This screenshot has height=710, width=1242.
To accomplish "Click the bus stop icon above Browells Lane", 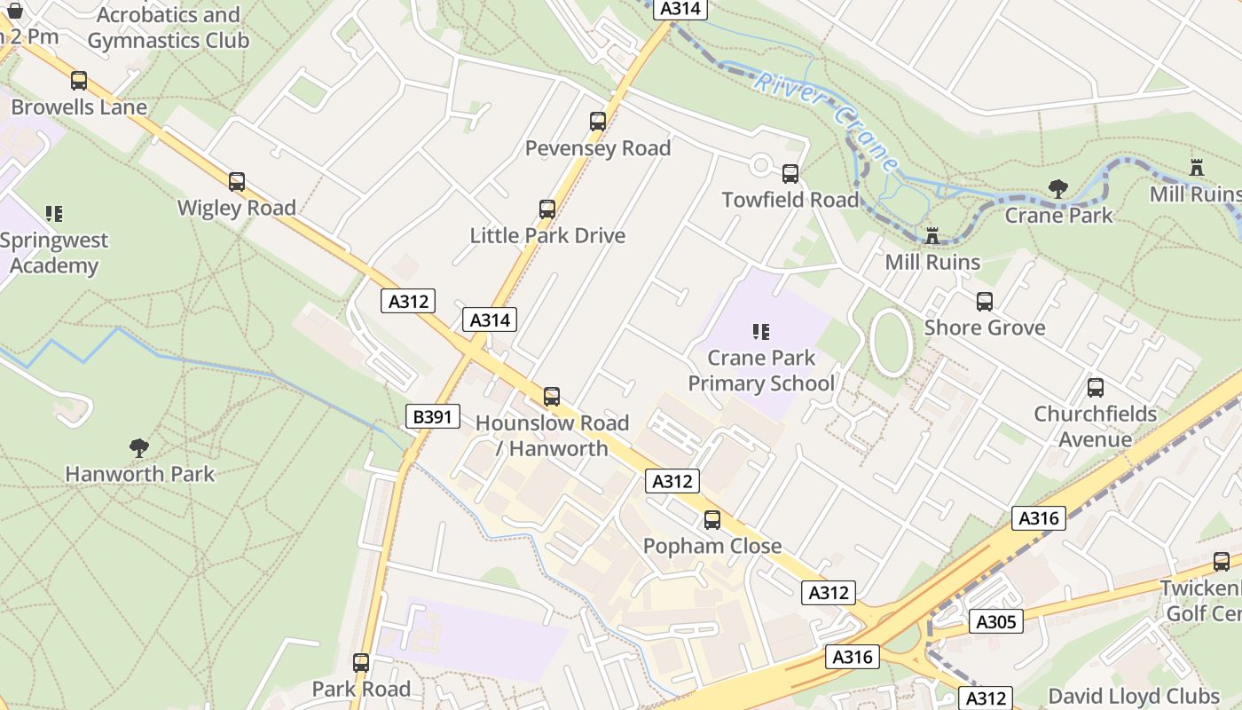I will pyautogui.click(x=79, y=81).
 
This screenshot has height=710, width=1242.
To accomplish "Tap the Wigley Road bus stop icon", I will pyautogui.click(x=237, y=182).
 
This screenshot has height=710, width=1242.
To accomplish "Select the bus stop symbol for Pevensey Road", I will pyautogui.click(x=598, y=122).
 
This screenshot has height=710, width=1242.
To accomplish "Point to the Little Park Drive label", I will pyautogui.click(x=547, y=235).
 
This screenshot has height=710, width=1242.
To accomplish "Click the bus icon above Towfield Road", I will pyautogui.click(x=790, y=174).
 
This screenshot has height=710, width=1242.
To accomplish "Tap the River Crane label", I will pyautogui.click(x=827, y=122).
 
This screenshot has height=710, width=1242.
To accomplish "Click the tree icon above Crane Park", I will pyautogui.click(x=1057, y=188).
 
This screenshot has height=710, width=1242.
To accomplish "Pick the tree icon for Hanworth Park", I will pyautogui.click(x=139, y=447).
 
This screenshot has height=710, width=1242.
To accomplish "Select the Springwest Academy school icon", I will pyautogui.click(x=54, y=214).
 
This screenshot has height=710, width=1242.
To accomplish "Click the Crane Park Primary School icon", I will pyautogui.click(x=761, y=332).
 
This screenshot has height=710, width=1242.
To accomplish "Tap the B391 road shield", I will pyautogui.click(x=433, y=415).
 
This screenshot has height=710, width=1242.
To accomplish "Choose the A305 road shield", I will pyautogui.click(x=995, y=621).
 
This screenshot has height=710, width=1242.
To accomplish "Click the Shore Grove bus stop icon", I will pyautogui.click(x=985, y=302).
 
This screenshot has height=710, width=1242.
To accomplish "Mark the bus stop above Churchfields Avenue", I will pyautogui.click(x=1096, y=388).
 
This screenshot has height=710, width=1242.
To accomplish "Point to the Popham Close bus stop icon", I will pyautogui.click(x=712, y=520).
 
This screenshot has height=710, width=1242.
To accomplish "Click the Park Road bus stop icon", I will pyautogui.click(x=361, y=663).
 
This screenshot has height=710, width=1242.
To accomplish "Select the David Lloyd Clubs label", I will pyautogui.click(x=1134, y=695).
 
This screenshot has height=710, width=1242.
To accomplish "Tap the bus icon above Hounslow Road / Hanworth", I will pyautogui.click(x=552, y=397).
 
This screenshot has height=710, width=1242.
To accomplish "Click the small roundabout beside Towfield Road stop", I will pyautogui.click(x=760, y=165).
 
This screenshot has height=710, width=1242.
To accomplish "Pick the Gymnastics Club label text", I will pyautogui.click(x=168, y=40).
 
